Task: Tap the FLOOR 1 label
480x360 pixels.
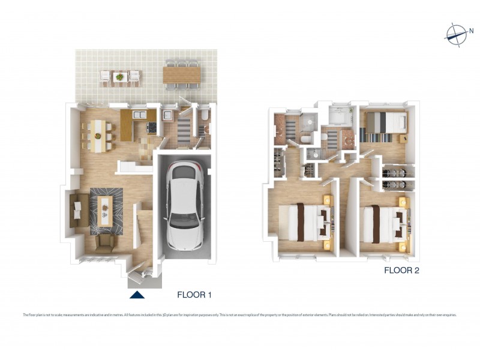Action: click(x=194, y=295)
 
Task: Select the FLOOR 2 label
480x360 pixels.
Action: click(x=401, y=271)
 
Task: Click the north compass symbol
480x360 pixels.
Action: click(x=455, y=34)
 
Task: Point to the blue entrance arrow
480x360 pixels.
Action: click(x=137, y=294)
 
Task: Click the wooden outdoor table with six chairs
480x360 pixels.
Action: click(x=182, y=74)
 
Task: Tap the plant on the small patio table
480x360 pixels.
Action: click(x=120, y=77)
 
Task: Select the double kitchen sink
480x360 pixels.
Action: click(x=139, y=114)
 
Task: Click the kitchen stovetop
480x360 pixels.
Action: click(x=151, y=128)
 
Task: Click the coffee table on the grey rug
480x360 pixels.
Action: click(x=106, y=210)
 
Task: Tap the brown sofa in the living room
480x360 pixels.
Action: click(x=76, y=210)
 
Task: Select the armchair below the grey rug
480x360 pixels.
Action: click(x=104, y=242)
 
